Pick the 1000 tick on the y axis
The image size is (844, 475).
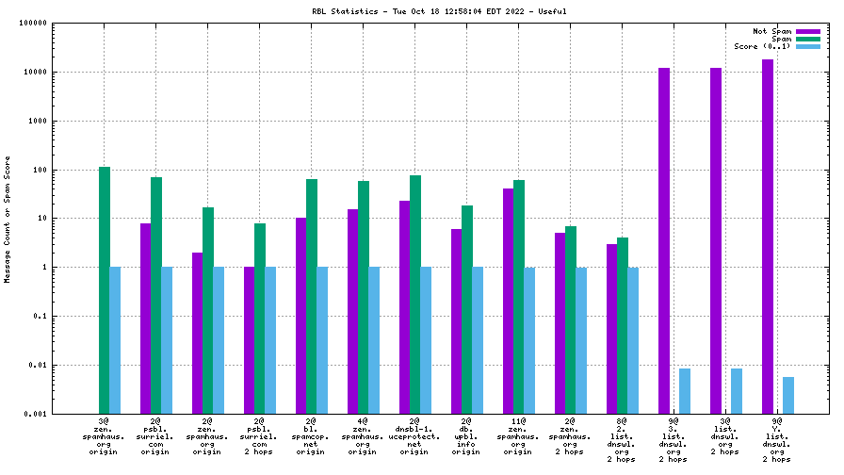38,121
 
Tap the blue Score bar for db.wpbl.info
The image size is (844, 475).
478,340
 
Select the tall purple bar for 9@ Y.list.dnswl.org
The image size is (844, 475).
768,236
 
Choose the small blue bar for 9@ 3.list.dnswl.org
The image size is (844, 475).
684,390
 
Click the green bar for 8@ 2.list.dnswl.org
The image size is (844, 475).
623,325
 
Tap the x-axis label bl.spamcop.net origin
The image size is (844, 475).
311,435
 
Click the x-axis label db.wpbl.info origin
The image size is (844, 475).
466,435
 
